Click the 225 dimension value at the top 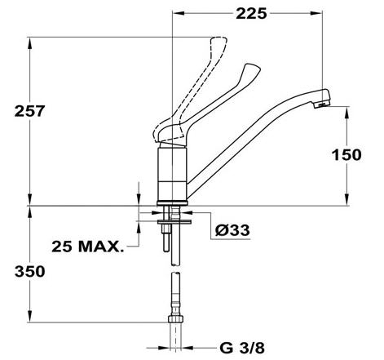tap(251, 14)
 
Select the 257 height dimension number tap(29, 111)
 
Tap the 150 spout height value tap(346, 155)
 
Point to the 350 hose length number tap(29, 272)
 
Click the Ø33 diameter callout tap(232, 230)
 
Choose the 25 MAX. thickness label tap(87, 247)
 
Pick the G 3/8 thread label tap(242, 348)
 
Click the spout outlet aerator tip tap(322, 104)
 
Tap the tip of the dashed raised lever tap(218, 41)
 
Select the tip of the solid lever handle tap(253, 68)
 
